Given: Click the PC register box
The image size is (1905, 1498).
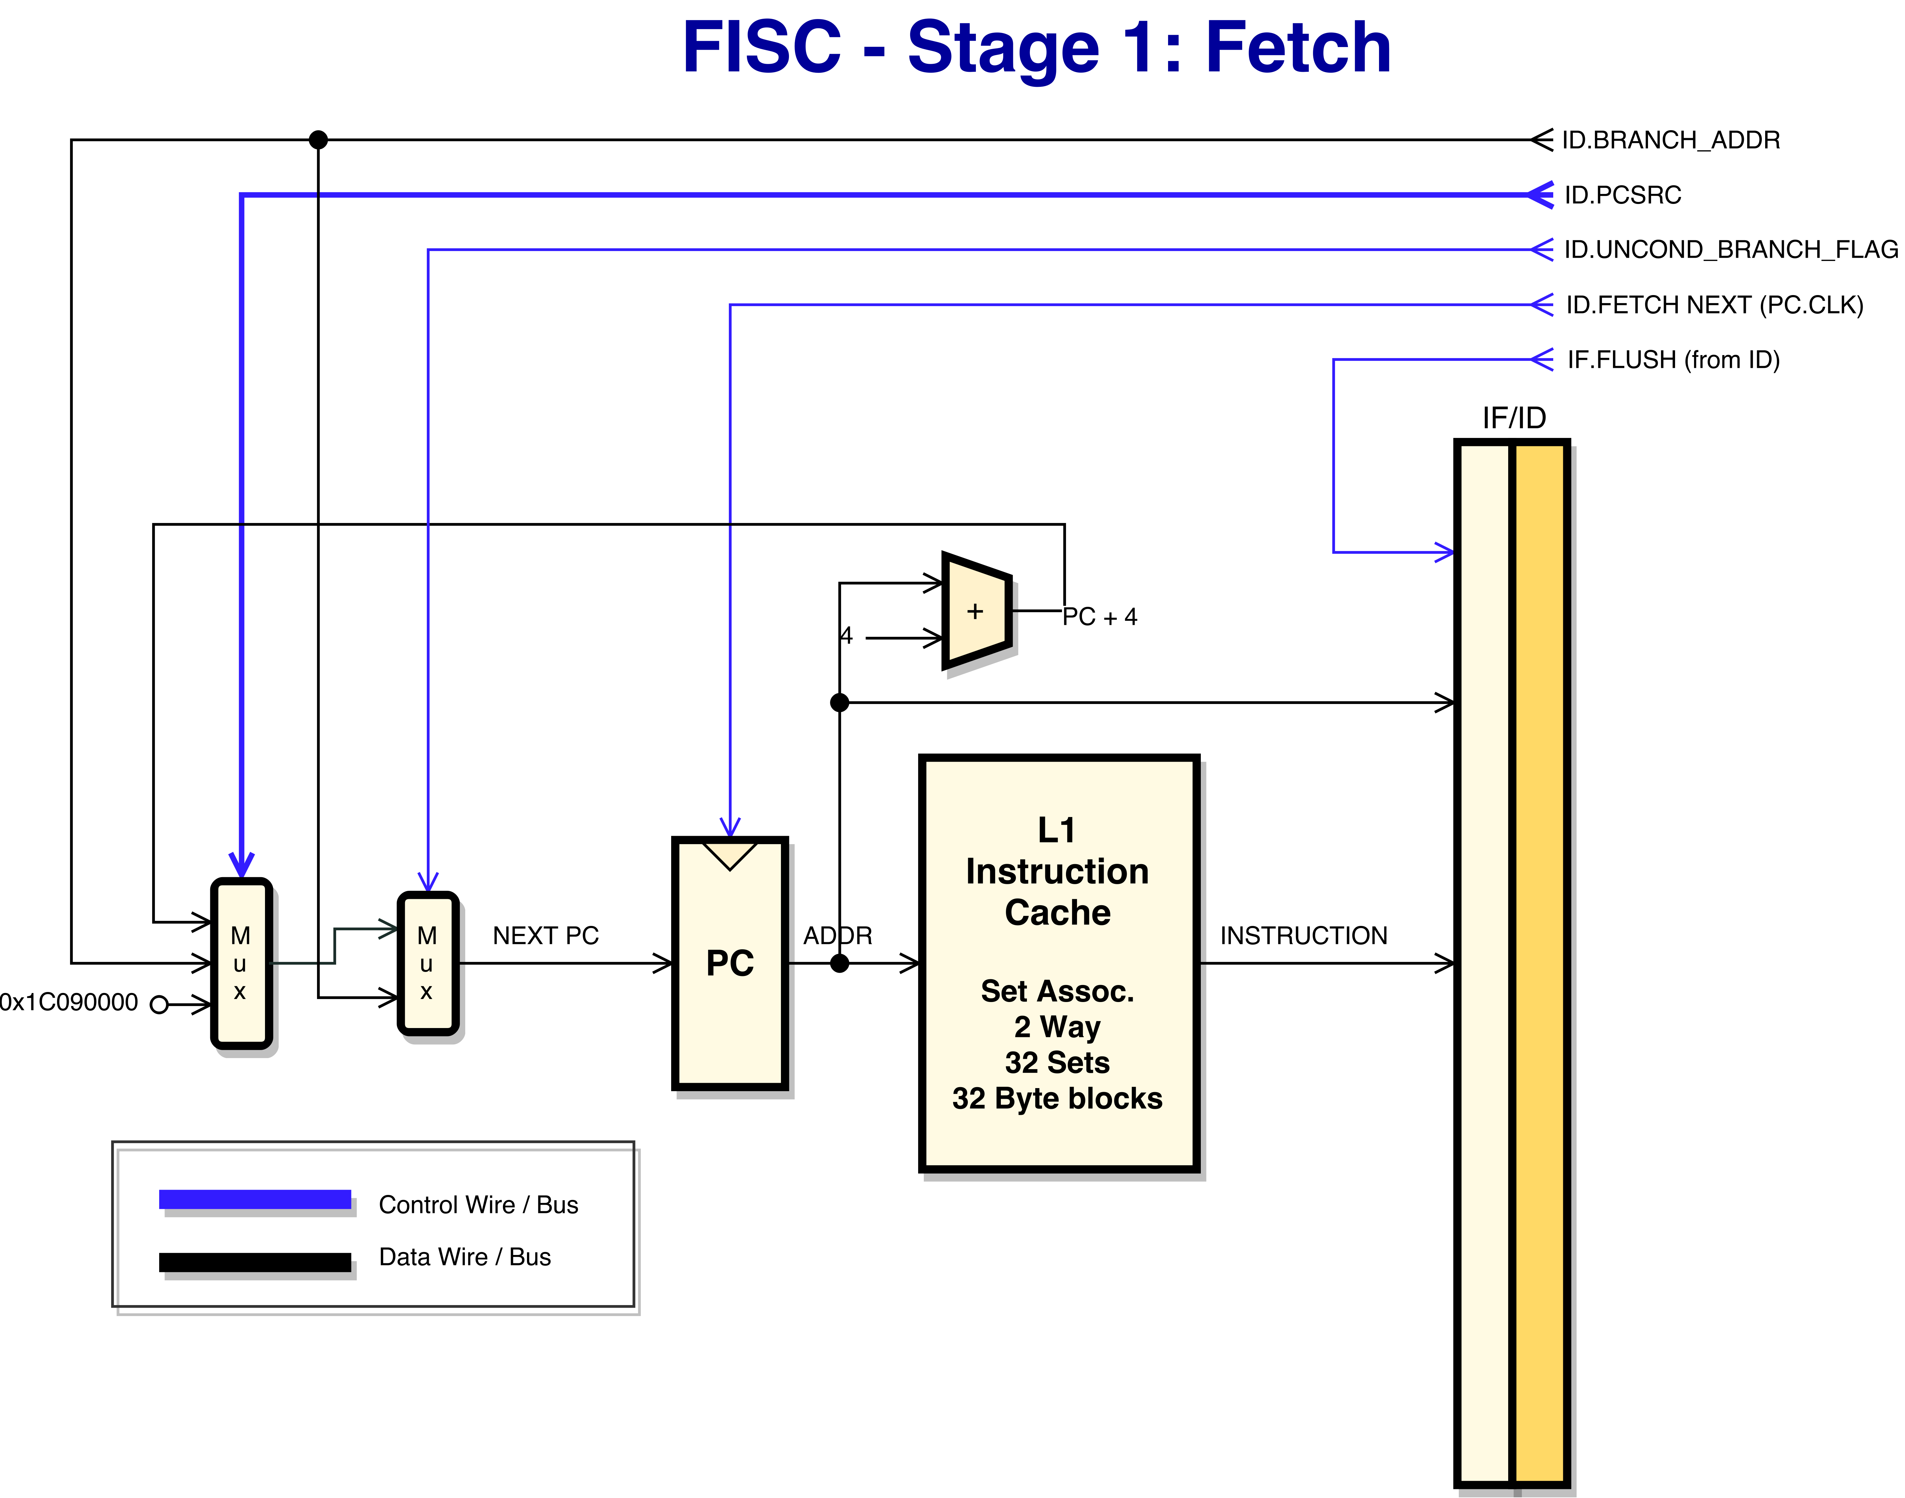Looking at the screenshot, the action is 730,963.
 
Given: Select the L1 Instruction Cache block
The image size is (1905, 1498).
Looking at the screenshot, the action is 1059,963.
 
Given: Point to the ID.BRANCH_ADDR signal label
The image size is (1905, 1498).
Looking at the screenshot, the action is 1671,140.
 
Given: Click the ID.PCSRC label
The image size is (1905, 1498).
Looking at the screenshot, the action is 1623,195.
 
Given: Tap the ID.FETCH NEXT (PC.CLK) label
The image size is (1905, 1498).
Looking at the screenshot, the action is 1715,305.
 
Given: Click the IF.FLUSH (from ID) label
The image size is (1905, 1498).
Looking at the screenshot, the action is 1673,359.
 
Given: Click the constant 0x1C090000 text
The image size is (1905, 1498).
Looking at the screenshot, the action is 68,1002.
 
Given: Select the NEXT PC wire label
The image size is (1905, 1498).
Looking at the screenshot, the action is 546,936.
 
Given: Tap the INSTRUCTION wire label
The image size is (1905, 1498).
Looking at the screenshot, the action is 1303,936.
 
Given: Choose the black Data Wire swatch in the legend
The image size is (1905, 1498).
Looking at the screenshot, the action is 255,1262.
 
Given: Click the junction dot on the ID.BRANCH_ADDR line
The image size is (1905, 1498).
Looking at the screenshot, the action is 318,140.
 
